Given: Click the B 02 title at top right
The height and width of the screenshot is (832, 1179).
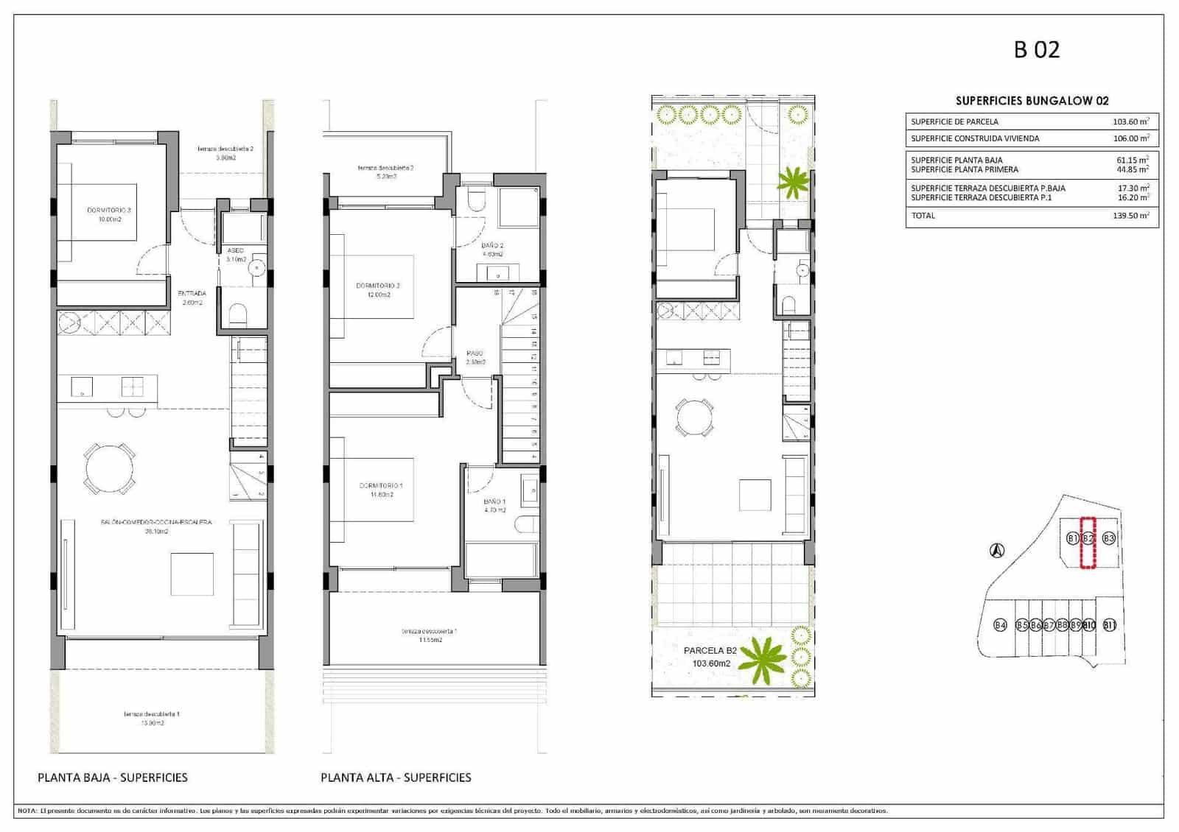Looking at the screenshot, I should click(x=1036, y=49).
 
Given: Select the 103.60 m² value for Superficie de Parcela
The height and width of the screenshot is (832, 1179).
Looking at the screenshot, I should click(x=1130, y=121).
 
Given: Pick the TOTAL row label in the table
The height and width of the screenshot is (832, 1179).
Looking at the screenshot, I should click(x=923, y=216).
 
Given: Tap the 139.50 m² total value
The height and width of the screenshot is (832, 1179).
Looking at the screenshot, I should click(x=1130, y=216).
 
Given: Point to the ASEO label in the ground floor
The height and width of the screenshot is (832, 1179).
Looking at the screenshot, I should click(x=235, y=250).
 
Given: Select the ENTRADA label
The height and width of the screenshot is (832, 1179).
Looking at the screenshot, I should click(x=192, y=294).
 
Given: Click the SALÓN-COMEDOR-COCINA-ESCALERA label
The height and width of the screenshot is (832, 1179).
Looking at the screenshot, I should click(x=156, y=522).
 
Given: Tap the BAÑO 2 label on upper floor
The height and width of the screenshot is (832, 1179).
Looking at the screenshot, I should click(x=492, y=246).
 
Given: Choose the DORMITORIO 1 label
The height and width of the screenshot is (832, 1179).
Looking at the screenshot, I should click(x=380, y=485).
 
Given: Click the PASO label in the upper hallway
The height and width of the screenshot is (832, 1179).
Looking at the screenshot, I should click(x=475, y=353).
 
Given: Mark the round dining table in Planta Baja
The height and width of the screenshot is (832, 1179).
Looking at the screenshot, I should click(x=111, y=468).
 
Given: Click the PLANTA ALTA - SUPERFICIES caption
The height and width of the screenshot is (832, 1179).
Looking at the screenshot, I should click(x=396, y=777).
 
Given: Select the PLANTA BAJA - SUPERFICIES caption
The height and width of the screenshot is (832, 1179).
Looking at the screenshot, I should click(x=113, y=777).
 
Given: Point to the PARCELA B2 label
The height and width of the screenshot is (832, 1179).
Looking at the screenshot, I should click(x=710, y=651).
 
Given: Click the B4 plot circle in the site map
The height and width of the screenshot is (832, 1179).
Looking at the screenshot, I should click(x=1000, y=625).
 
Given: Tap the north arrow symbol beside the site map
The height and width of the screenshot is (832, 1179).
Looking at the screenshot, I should click(x=996, y=549).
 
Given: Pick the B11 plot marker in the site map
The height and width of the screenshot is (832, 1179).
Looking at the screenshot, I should click(x=1110, y=625).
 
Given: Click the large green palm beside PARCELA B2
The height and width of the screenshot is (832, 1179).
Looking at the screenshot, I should click(x=763, y=656).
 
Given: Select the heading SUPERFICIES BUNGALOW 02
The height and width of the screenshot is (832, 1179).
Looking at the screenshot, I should click(x=1032, y=101).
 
